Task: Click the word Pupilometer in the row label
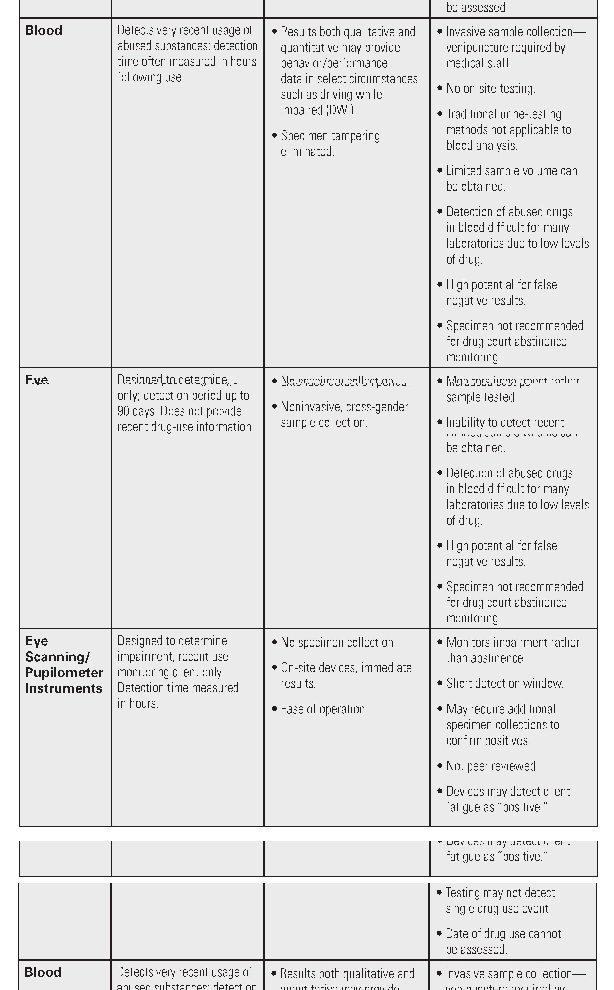click(64, 673)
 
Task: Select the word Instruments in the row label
click(64, 688)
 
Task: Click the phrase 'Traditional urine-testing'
click(504, 114)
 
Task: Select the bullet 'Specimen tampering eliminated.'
click(330, 143)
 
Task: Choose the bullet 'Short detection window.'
click(504, 683)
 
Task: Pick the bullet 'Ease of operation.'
click(324, 709)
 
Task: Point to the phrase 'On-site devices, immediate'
click(346, 668)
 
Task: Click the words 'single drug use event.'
click(498, 908)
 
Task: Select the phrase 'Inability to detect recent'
click(505, 423)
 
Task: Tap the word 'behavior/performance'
click(334, 63)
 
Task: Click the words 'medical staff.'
click(479, 63)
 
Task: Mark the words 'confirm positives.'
click(488, 740)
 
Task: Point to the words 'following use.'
click(150, 77)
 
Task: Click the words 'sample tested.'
click(481, 397)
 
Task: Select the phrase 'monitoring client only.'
click(170, 672)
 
